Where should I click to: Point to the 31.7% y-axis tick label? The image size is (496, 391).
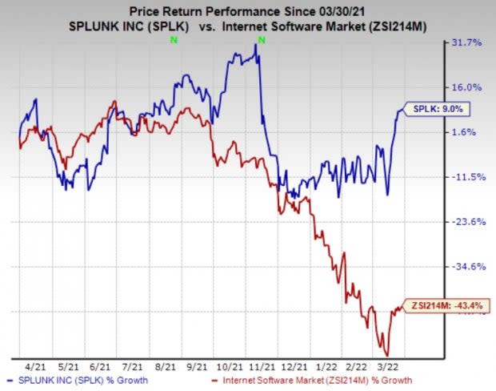[469, 42]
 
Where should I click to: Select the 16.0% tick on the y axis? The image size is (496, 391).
[469, 87]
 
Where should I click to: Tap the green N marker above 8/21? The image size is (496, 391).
[172, 39]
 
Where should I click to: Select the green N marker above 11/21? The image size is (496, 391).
[262, 39]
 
